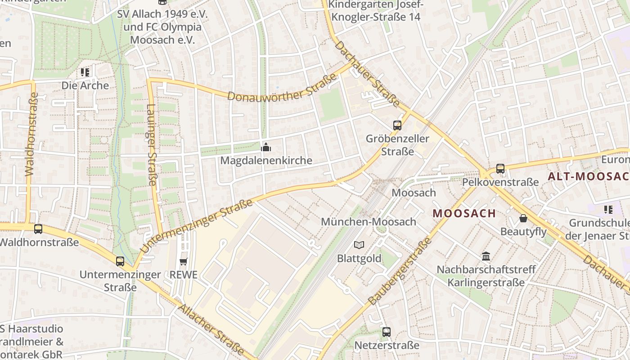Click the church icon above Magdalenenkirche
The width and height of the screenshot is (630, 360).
coord(266,147)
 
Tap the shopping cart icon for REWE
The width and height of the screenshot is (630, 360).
coord(183,261)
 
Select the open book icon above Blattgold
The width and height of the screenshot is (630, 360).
coord(359,245)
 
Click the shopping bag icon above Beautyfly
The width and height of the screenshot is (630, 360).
coord(523,218)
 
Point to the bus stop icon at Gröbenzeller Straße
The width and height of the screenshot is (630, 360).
coord(397,125)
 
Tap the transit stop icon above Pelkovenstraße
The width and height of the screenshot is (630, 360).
coord(500,169)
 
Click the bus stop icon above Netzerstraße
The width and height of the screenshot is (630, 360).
coord(386,332)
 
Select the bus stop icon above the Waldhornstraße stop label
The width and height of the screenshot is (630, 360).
coord(38,229)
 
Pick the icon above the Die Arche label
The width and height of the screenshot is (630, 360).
coord(85,72)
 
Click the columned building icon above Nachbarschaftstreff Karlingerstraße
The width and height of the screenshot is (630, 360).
coord(486,256)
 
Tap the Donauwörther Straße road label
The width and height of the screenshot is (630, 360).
coord(282,88)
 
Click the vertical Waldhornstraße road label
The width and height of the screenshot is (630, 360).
coord(31,134)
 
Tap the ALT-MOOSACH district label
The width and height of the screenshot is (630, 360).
coord(588,176)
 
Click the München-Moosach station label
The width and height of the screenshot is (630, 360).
coord(369,221)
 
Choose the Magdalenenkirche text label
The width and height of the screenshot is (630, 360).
coord(266,161)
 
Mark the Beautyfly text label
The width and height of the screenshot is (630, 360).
coord(523,232)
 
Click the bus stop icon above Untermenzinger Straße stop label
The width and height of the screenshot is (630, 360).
coord(120,261)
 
